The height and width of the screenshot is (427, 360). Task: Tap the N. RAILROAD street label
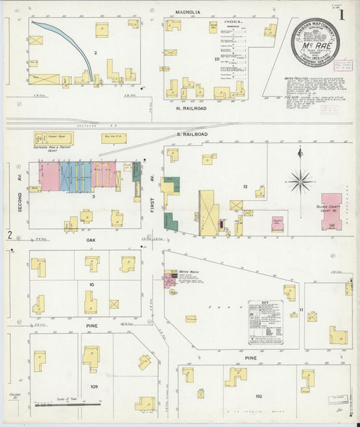(190, 107)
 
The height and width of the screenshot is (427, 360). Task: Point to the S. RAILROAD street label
(192, 134)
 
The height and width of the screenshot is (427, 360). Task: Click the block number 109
(95, 386)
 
